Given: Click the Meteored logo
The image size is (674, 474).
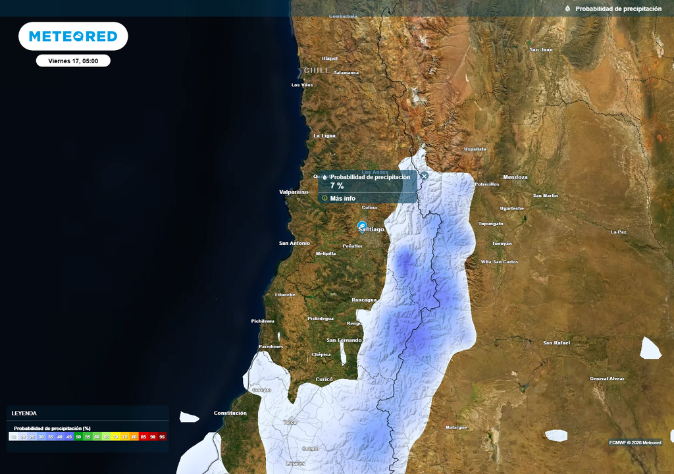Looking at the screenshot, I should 73,36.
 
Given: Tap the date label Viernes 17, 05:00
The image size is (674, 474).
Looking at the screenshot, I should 73,61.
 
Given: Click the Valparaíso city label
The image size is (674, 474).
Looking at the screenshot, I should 294,192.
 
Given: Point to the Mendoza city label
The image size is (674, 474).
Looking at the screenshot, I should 515,177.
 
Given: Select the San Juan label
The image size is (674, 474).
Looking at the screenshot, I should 541,49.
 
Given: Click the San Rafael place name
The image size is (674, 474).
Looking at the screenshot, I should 557,343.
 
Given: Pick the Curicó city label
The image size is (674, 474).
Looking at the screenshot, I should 324,379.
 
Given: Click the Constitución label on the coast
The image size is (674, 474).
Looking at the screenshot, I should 230,413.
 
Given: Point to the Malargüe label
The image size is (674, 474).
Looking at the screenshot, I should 455,427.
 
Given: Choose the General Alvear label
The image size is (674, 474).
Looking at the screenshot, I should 607,379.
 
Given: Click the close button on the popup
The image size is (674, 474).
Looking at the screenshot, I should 425,176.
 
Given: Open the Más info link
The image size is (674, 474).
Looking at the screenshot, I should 342,198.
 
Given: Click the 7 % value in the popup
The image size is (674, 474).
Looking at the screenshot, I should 337,186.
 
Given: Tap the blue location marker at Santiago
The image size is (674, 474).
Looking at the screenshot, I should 361,226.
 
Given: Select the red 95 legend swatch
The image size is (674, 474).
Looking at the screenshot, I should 162,436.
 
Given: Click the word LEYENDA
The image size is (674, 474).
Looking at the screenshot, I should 24,413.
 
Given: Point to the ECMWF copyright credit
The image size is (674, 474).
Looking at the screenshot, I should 635,442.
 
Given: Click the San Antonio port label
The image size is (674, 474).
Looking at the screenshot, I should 294,243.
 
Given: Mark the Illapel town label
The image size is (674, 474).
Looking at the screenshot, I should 330,58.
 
